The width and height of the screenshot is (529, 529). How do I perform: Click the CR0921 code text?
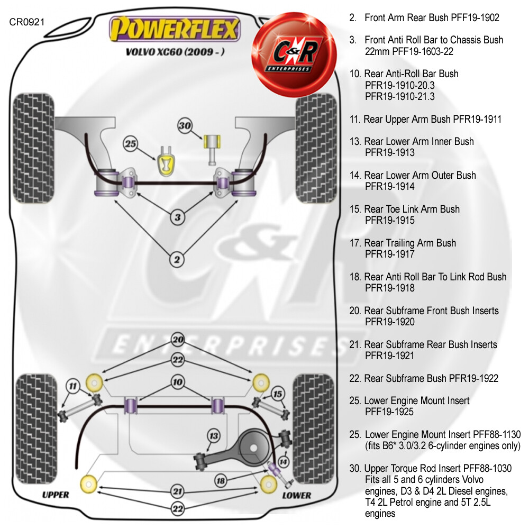coord(27,22)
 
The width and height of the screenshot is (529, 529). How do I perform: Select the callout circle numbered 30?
coord(185,126)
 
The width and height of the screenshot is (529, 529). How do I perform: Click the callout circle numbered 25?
coord(130,143)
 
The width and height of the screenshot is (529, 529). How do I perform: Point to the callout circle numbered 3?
coord(177,217)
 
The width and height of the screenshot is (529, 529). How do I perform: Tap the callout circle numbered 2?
coord(177,259)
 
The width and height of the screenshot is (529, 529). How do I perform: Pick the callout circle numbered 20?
coord(177,340)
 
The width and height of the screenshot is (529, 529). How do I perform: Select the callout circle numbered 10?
coord(177,382)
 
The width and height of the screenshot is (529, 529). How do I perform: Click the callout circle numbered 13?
coord(214,436)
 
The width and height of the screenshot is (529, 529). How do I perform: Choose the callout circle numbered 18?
coord(221,480)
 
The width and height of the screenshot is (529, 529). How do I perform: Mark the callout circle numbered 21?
coord(177,492)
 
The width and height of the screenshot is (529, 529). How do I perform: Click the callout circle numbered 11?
coord(72,387)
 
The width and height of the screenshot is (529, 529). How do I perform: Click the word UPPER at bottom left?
coord(56,495)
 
